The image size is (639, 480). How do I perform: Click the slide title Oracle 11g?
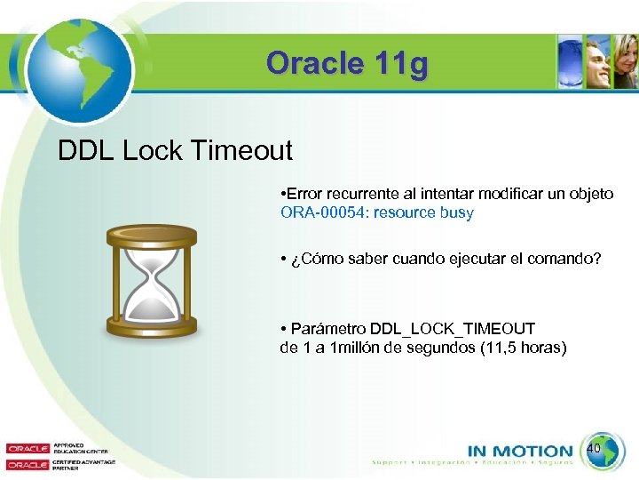(347, 64)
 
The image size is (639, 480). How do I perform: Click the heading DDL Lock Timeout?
(175, 151)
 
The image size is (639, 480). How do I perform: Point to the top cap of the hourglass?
(152, 235)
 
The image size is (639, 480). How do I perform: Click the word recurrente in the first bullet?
(359, 194)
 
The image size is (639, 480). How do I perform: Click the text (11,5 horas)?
(522, 348)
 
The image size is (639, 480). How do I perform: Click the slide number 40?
(595, 449)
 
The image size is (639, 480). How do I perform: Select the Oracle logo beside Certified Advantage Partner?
(29, 464)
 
